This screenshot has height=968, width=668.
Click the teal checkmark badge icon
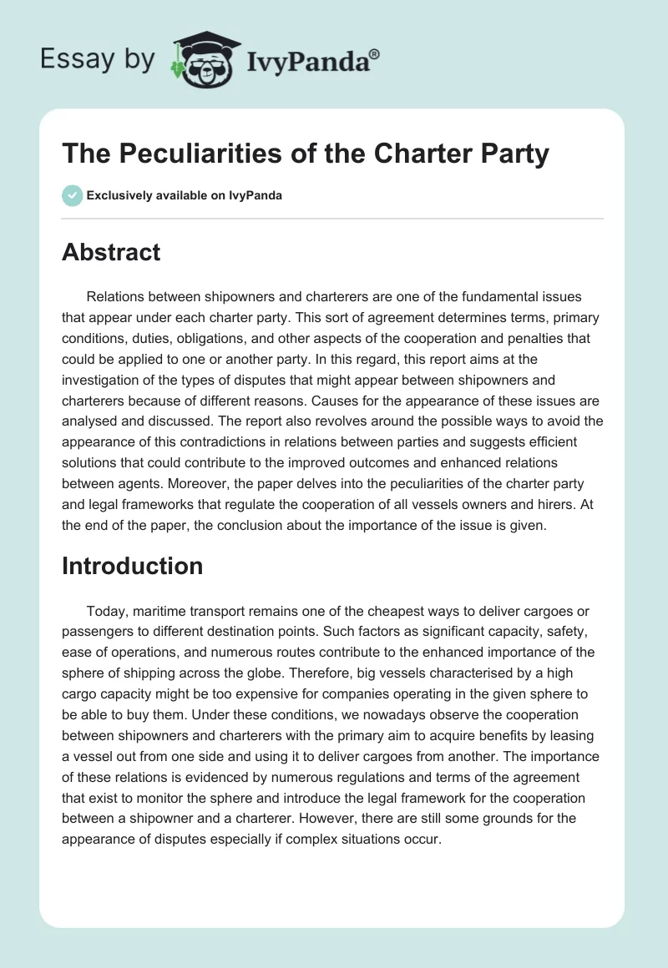coord(72,195)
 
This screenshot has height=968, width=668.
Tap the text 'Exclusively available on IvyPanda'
coord(185,196)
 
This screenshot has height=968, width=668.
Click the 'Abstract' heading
coord(111,252)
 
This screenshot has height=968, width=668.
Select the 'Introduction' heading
coord(132,566)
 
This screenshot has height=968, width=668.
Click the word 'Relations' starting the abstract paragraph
coord(116,296)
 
